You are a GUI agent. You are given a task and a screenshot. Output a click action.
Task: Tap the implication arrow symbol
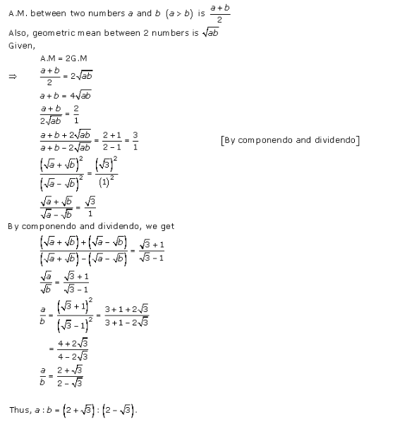(12, 76)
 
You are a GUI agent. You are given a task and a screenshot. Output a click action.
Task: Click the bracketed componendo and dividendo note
(290, 140)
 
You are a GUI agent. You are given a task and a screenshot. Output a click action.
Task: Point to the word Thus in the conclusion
(19, 409)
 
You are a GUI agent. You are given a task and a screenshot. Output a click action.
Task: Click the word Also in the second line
(17, 32)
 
